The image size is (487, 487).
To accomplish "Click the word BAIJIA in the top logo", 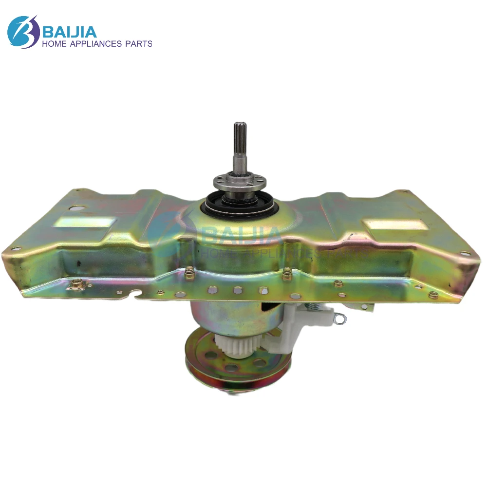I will coord(70,31).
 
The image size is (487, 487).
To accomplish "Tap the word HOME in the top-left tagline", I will coord(55,44).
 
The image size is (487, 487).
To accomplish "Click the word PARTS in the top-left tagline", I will coord(138,44).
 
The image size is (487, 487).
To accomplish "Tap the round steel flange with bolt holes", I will coord(240,184).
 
